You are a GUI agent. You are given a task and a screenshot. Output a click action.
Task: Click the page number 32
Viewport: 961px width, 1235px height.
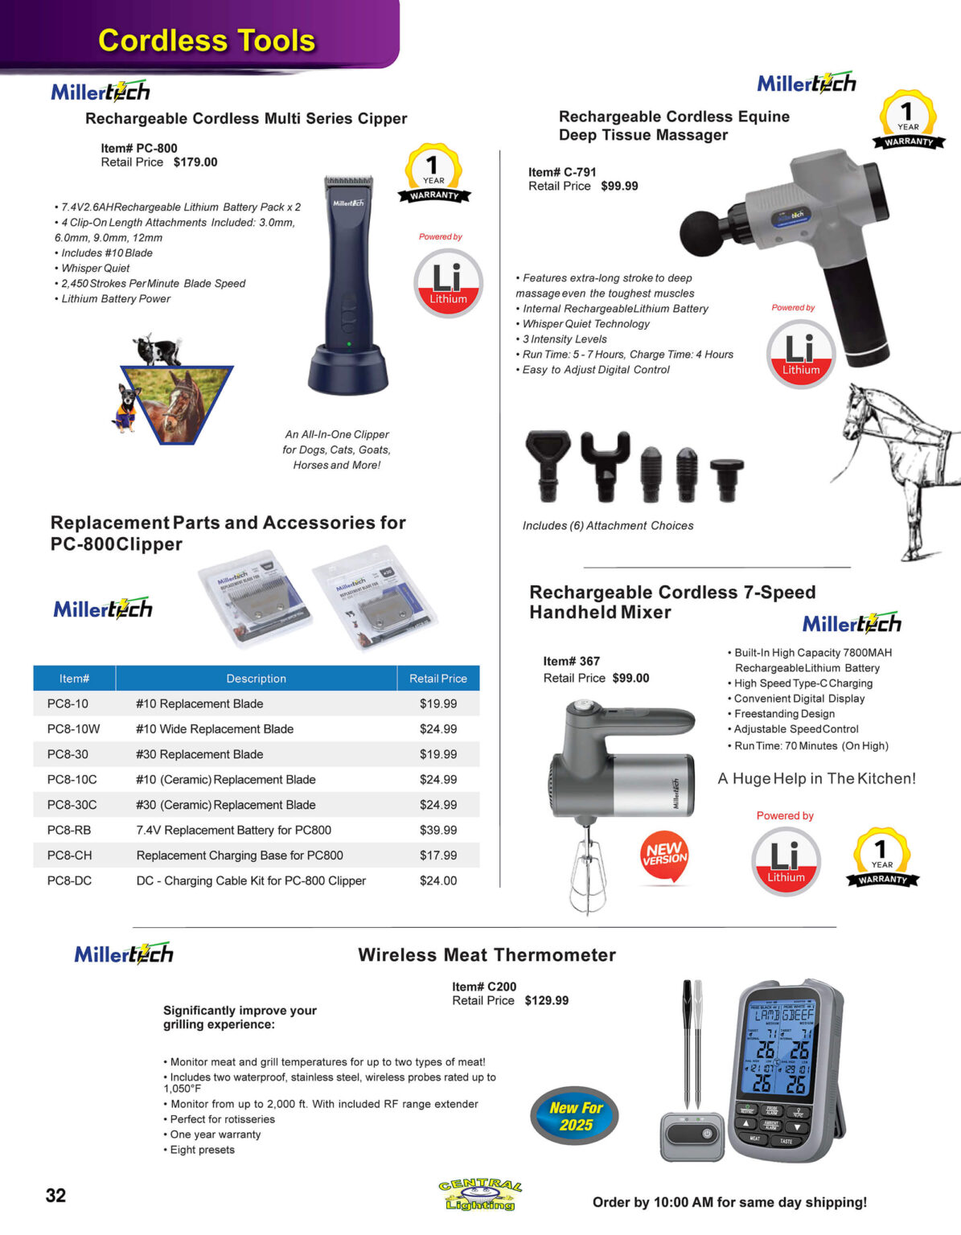[x=55, y=1195]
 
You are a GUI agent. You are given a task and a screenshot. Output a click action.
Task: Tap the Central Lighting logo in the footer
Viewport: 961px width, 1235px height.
[x=480, y=1195]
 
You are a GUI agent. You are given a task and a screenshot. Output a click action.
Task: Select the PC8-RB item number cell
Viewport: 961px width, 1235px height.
[x=69, y=830]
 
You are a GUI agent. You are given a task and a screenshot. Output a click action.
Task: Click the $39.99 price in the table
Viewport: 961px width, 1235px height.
[x=438, y=830]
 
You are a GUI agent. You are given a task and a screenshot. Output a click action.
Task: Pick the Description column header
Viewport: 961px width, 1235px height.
[x=256, y=679]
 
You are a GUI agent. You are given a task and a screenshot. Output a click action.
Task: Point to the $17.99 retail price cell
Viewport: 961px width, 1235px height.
[x=438, y=855]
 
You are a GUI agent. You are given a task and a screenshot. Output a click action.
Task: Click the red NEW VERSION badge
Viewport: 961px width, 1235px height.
[x=665, y=855]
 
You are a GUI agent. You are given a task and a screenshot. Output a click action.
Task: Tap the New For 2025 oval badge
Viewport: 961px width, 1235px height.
[x=575, y=1116]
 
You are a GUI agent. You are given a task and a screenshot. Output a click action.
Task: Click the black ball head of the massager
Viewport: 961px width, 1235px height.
[x=700, y=234]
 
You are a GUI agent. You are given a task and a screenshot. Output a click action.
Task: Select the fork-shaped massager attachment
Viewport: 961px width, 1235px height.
[x=605, y=462]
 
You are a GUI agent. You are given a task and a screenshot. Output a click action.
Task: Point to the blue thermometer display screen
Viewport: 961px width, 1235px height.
[x=780, y=1049]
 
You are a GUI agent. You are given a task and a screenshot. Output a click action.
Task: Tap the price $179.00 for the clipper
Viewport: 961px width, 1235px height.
[x=195, y=162]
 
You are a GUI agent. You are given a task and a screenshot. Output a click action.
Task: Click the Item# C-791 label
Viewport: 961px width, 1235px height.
[x=562, y=172]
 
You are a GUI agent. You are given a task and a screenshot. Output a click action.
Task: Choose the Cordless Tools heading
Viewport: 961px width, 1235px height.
[x=206, y=40]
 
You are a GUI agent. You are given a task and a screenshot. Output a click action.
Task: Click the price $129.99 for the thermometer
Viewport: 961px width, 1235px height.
[x=547, y=1000]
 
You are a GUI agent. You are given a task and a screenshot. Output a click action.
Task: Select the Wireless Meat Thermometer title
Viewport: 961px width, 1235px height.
[x=487, y=954]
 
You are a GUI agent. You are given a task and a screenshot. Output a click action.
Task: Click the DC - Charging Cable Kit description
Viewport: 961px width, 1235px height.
[x=251, y=880]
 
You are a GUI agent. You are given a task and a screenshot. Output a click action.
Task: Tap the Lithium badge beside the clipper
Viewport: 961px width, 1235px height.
[x=448, y=283]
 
